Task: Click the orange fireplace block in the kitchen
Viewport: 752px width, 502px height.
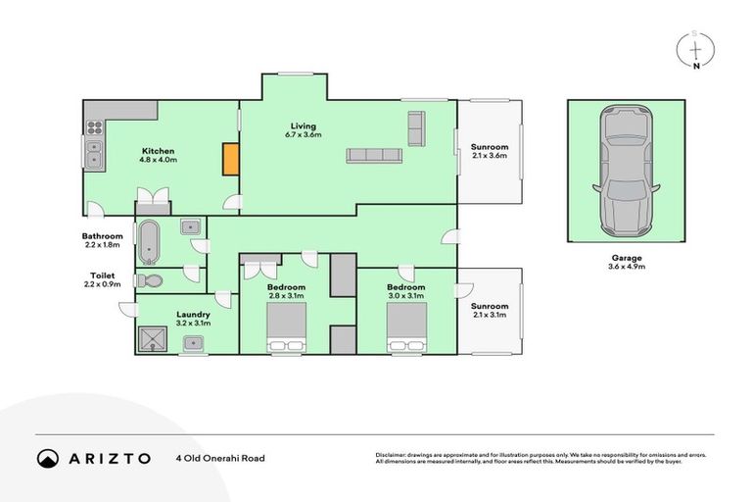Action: coord(230,160)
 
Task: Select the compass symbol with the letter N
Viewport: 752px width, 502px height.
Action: coord(695,51)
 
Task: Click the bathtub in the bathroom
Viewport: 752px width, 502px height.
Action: coord(149,242)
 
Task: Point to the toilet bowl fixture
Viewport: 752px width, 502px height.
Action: coord(151,281)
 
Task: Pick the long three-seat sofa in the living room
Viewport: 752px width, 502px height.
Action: coord(373,155)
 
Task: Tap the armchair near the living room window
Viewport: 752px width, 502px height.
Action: coord(415,126)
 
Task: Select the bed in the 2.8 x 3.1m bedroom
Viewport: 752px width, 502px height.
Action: coord(287,327)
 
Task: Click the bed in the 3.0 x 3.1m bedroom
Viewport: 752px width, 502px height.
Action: coord(406,327)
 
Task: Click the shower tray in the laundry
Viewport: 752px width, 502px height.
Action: coord(153,337)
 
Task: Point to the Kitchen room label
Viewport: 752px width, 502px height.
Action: coord(158,155)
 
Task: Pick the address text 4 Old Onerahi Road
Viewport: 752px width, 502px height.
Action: coord(220,458)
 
